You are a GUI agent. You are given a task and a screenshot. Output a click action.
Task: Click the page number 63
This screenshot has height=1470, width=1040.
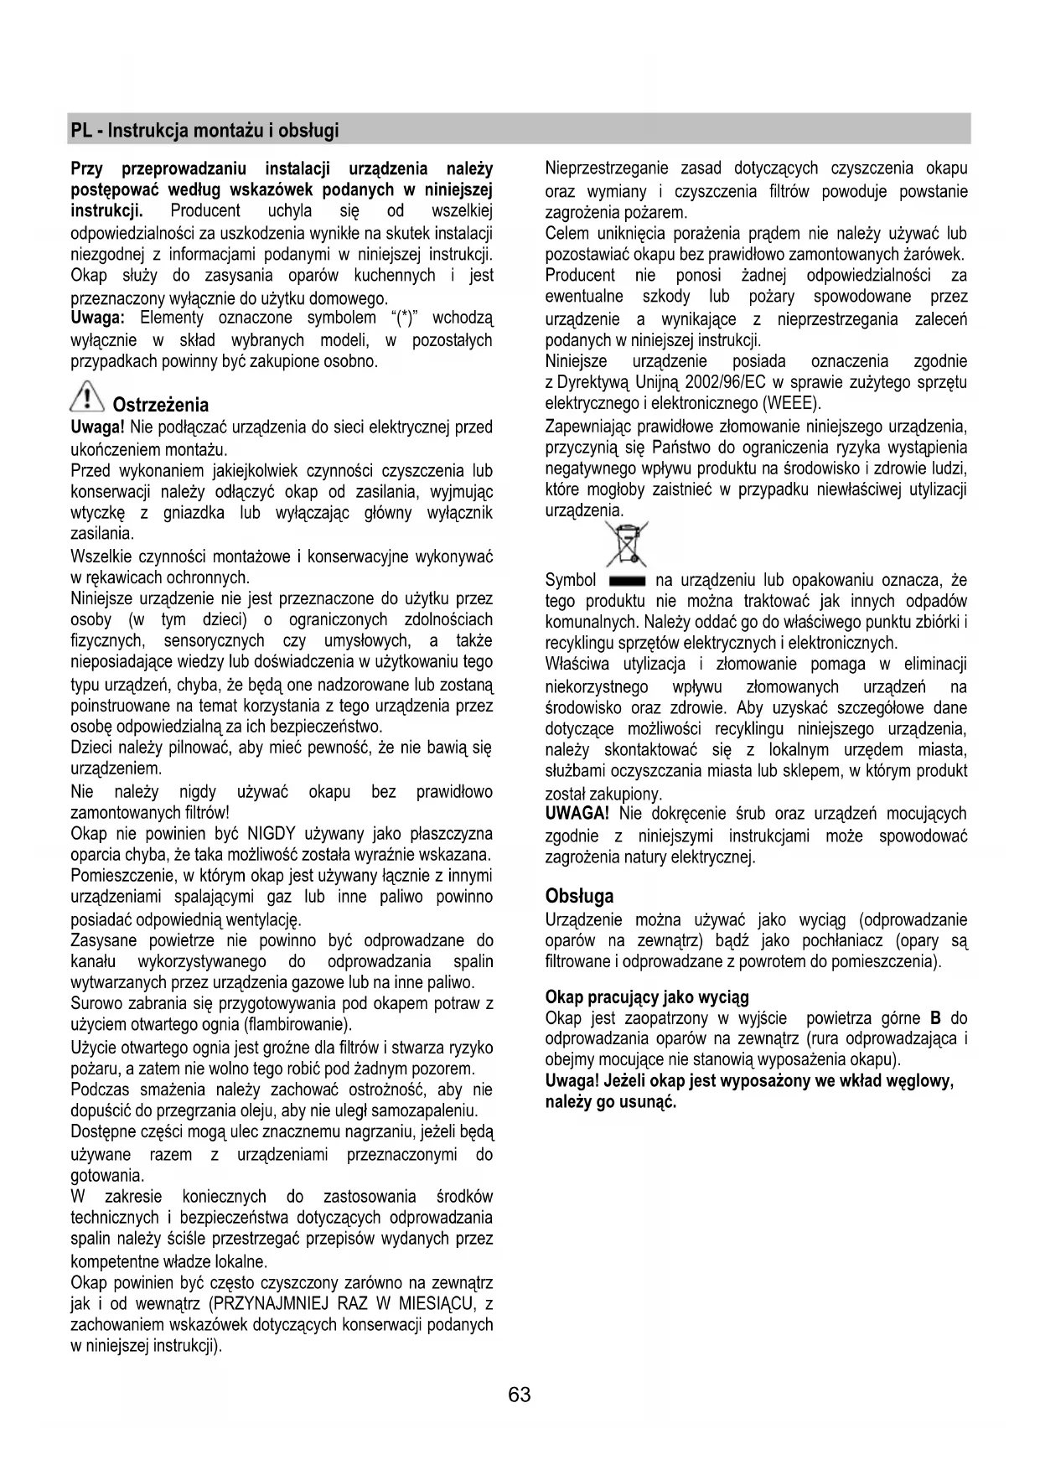(520, 1395)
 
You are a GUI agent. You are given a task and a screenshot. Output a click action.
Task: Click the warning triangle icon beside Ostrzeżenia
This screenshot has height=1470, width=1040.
(86, 397)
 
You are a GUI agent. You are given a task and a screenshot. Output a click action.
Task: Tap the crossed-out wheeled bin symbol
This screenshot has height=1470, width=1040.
(626, 544)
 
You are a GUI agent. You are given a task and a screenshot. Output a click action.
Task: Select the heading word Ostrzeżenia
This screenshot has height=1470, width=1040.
(160, 406)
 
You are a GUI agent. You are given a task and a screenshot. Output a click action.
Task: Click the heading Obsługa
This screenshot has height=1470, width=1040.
(579, 896)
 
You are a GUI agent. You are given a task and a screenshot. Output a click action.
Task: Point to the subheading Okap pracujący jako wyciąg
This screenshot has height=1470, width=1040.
(647, 997)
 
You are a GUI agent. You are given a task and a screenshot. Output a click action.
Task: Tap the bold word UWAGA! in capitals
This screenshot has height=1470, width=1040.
(577, 814)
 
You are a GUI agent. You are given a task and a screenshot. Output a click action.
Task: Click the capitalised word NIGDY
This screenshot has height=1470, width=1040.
(271, 834)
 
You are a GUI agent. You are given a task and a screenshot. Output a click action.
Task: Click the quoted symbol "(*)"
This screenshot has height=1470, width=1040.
(406, 318)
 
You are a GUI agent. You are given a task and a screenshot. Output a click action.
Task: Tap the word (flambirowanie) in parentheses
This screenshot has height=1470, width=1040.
(297, 1025)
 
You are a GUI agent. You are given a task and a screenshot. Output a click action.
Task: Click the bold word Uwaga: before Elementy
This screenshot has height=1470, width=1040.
(98, 318)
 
